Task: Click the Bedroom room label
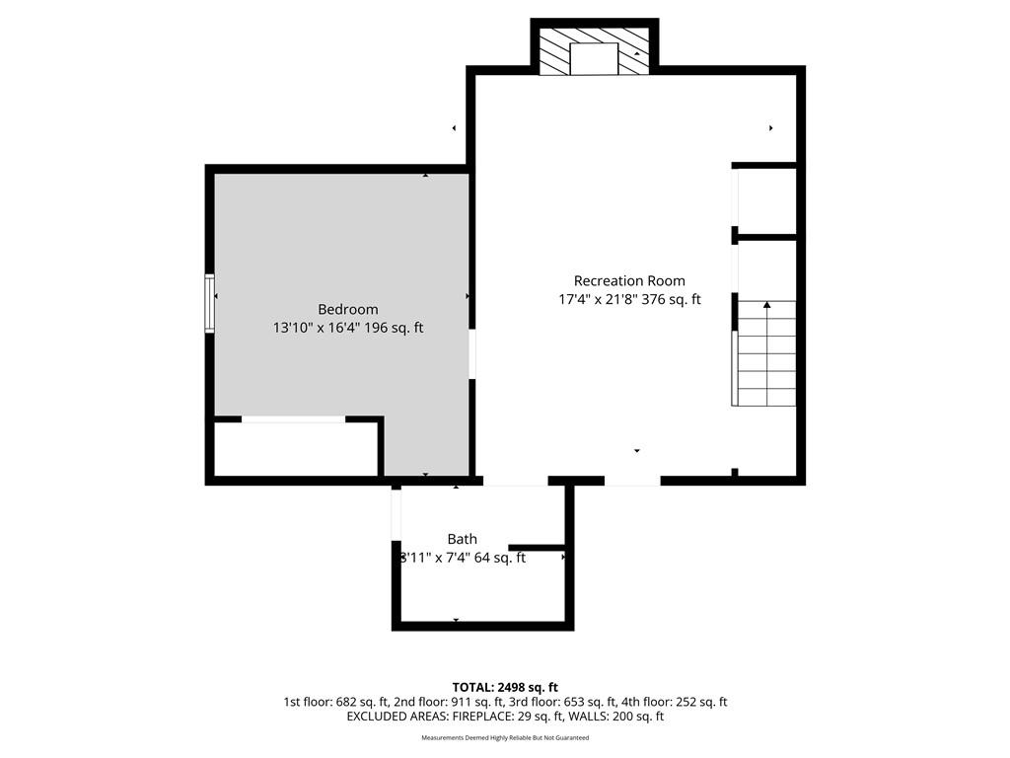pyautogui.click(x=348, y=309)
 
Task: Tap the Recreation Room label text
pyautogui.click(x=629, y=281)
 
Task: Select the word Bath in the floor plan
pyautogui.click(x=463, y=539)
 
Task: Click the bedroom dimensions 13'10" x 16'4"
pyautogui.click(x=317, y=328)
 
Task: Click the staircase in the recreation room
pyautogui.click(x=764, y=353)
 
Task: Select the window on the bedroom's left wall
pyautogui.click(x=209, y=303)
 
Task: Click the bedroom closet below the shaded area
pyautogui.click(x=296, y=449)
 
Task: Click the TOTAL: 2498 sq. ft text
pyautogui.click(x=505, y=687)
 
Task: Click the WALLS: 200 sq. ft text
pyautogui.click(x=617, y=717)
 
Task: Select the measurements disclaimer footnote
pyautogui.click(x=505, y=737)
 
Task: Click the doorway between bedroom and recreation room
pyautogui.click(x=472, y=354)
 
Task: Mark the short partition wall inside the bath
pyautogui.click(x=538, y=548)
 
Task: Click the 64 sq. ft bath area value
pyautogui.click(x=500, y=558)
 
